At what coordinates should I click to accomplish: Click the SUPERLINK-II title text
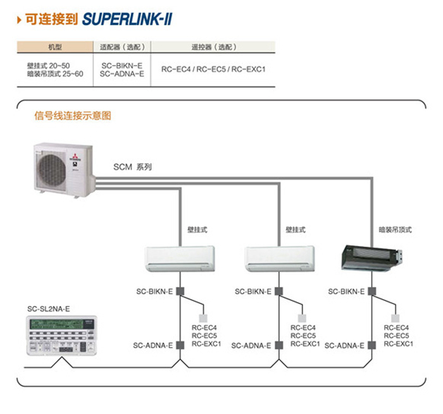127,20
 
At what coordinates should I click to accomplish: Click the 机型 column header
55,47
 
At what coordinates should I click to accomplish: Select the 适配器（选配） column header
122,47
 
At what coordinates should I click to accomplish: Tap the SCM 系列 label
132,167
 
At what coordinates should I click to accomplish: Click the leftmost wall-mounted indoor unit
181,258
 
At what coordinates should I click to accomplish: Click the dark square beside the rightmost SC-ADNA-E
371,345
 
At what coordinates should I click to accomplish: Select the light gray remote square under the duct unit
396,318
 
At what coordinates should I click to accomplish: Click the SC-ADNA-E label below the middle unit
251,346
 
